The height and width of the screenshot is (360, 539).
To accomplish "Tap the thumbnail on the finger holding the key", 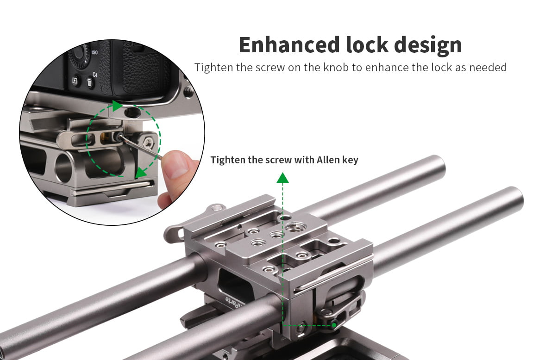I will click(178, 163).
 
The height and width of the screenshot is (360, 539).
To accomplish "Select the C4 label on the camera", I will click(94, 74).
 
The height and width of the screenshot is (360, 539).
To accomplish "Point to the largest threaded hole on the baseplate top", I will click(294, 227).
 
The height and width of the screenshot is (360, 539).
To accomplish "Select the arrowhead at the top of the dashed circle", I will click(117, 106).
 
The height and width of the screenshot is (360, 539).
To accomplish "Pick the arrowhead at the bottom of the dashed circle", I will click(140, 173).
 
